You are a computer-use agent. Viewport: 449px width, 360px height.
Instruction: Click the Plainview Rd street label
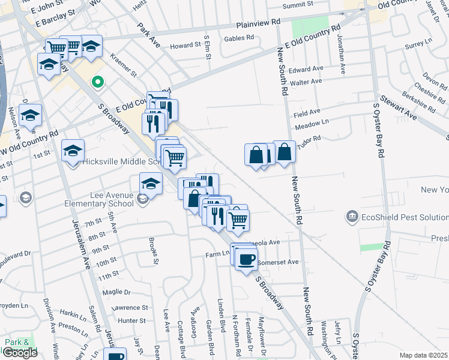coord(259,23)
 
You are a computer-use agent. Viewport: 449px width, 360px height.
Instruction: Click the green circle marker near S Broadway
coord(95,82)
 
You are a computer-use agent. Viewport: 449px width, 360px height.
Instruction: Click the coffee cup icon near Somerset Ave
coord(246,259)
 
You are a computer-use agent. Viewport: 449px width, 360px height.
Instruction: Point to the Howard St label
coord(184,46)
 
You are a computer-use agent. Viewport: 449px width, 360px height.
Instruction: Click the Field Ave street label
coord(307,112)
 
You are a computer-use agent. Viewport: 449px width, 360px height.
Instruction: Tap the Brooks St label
coord(154,251)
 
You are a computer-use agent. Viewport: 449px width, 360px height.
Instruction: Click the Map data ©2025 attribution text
coord(423,355)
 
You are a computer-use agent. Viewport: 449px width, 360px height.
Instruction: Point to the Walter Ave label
coord(306,82)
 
